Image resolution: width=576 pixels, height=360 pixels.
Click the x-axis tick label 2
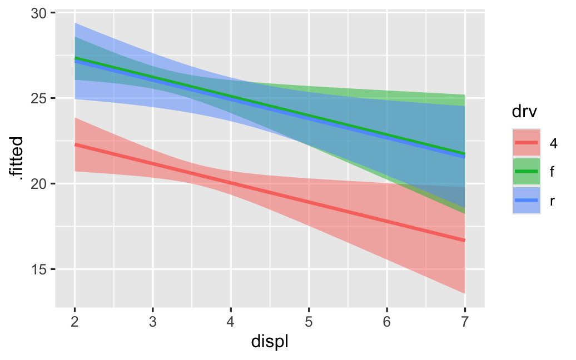(x=75, y=322)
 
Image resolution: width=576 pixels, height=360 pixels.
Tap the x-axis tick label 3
(x=152, y=322)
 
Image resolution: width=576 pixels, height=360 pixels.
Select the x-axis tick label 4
(x=231, y=322)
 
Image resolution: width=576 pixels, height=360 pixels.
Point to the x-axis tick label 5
(x=309, y=322)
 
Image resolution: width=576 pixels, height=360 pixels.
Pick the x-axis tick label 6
(x=387, y=322)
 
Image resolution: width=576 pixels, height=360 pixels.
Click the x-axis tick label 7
(x=465, y=322)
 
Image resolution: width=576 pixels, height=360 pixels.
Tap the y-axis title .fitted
(x=16, y=158)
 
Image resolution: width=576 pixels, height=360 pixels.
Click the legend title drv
(x=524, y=113)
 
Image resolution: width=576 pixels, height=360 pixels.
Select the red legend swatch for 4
(x=526, y=143)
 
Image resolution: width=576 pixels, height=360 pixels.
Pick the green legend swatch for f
(x=526, y=172)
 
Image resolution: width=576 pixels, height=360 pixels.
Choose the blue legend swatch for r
(x=526, y=200)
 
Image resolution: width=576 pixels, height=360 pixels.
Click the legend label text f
(x=552, y=172)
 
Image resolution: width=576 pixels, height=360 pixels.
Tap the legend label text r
(x=552, y=201)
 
